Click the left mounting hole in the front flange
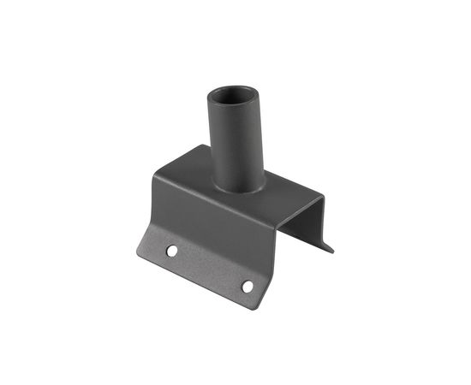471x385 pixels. [172, 251]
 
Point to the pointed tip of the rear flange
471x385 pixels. [331, 251]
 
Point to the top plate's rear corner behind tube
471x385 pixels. [203, 147]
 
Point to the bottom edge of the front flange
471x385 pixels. [197, 281]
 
